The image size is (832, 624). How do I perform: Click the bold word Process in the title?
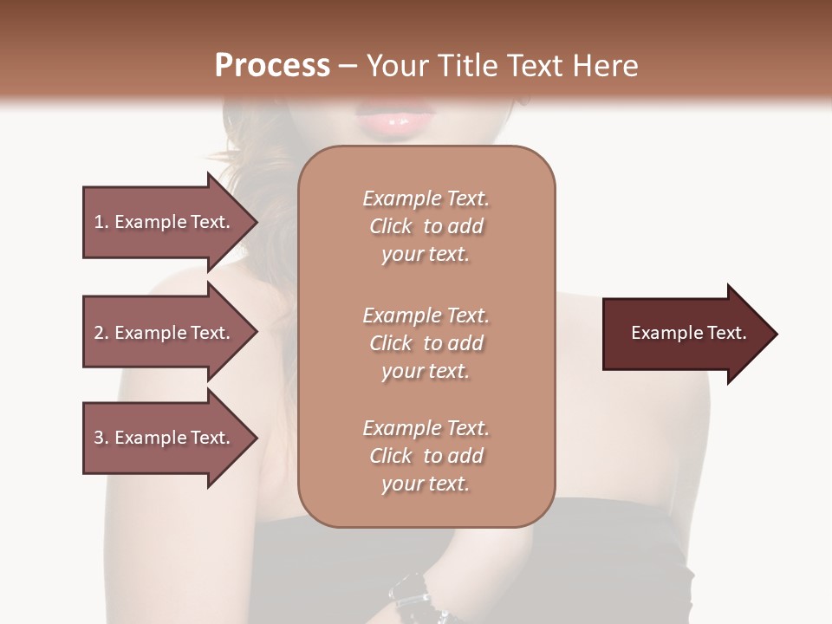pos(272,66)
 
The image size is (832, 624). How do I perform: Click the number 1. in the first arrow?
pos(101,222)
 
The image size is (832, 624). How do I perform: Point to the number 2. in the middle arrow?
pos(101,333)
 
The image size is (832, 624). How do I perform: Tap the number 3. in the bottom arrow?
pos(101,438)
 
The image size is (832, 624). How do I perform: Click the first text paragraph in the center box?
pos(426,226)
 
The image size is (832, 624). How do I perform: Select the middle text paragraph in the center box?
pos(426,343)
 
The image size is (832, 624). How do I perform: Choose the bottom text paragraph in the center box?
pos(426,456)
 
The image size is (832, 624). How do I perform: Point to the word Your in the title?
pos(396,66)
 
